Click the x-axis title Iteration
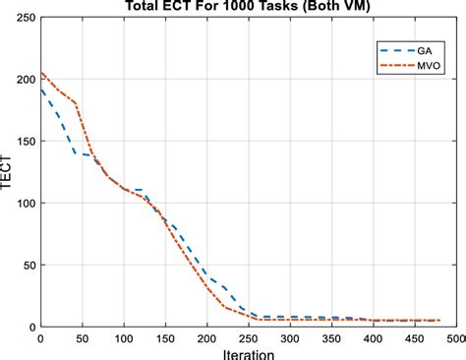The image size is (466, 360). click(248, 351)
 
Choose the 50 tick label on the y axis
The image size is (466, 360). click(26, 265)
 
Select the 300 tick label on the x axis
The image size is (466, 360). click(289, 337)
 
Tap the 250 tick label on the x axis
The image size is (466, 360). click(248, 337)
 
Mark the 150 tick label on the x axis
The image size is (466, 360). click(165, 337)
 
